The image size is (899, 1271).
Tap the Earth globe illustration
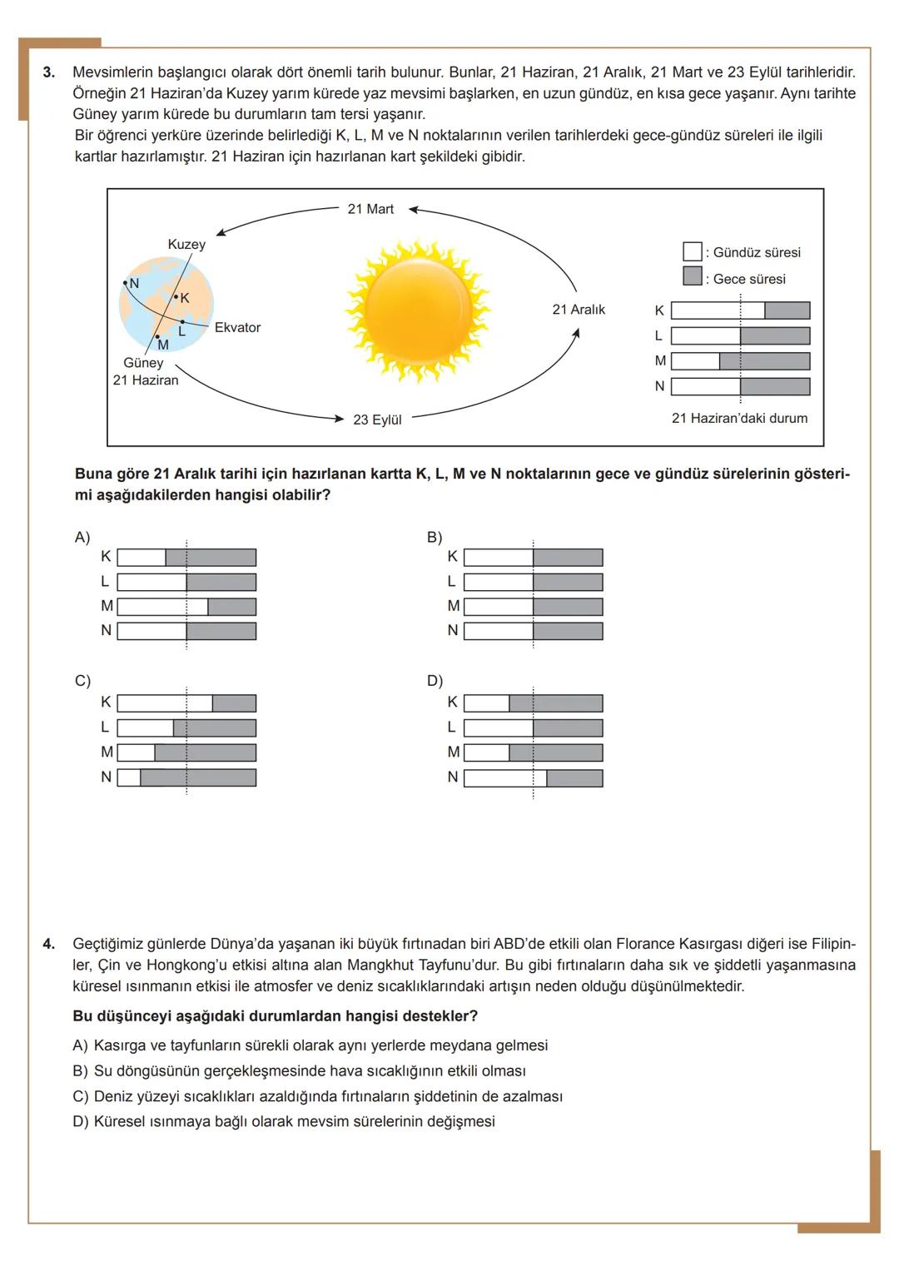point(166,305)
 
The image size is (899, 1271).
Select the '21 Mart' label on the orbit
point(370,209)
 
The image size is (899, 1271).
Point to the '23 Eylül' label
point(377,420)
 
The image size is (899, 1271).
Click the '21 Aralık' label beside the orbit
point(579,310)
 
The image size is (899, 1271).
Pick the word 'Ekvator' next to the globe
point(237,328)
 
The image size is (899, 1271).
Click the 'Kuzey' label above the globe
point(186,244)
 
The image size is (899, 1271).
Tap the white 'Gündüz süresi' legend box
point(692,251)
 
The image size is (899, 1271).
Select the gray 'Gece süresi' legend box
point(692,276)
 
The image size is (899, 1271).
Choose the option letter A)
point(82,538)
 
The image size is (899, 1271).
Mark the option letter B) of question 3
point(435,538)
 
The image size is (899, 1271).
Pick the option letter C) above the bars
point(82,681)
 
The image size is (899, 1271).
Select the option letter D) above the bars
point(435,681)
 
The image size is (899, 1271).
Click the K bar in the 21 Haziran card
point(740,310)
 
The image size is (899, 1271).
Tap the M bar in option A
point(186,607)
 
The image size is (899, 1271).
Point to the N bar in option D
point(533,777)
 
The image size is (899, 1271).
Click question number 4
point(49,944)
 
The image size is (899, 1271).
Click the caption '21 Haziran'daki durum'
point(739,419)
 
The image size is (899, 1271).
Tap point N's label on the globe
point(134,283)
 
